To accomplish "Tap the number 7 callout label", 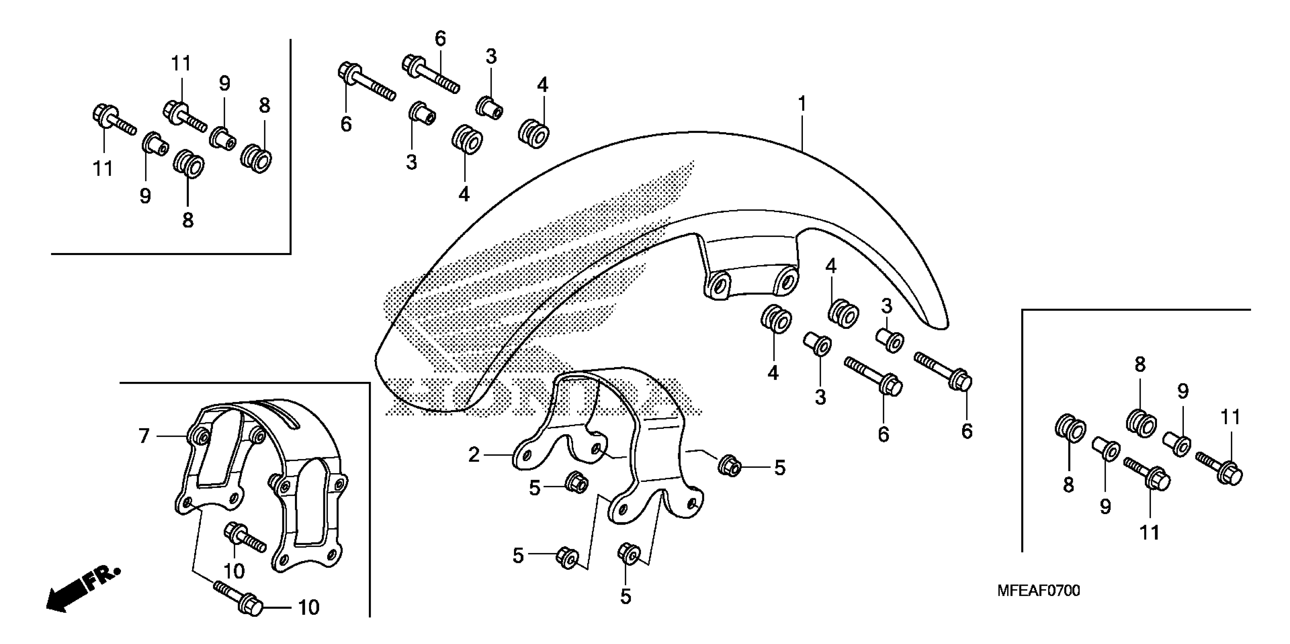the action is pyautogui.click(x=144, y=436).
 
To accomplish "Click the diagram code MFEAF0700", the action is pyautogui.click(x=1038, y=591).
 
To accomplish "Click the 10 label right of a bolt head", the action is pyautogui.click(x=309, y=608).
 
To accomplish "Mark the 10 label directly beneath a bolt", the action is pyautogui.click(x=234, y=571).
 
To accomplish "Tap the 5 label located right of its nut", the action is pyautogui.click(x=780, y=468).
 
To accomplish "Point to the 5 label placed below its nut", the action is pyautogui.click(x=625, y=597).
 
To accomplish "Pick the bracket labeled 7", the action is pyautogui.click(x=260, y=480).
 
